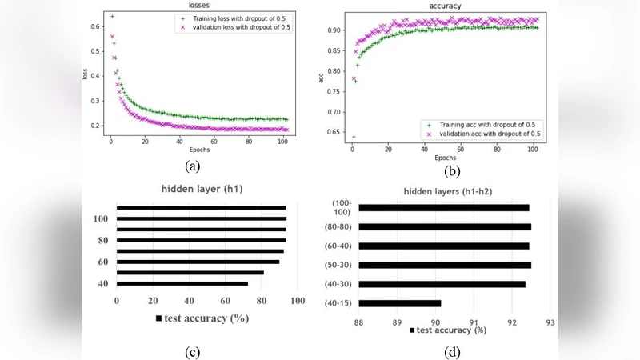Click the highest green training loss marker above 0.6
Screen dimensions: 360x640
tap(112, 16)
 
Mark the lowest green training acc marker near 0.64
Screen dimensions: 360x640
tap(354, 137)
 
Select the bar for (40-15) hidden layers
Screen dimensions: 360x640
tap(400, 303)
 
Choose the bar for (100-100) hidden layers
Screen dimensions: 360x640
tap(444, 208)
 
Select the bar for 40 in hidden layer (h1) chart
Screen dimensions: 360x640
tap(182, 283)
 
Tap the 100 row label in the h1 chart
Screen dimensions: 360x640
tap(100, 219)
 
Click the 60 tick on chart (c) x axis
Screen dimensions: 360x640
tap(225, 301)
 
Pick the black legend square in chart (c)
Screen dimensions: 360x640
tap(160, 319)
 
